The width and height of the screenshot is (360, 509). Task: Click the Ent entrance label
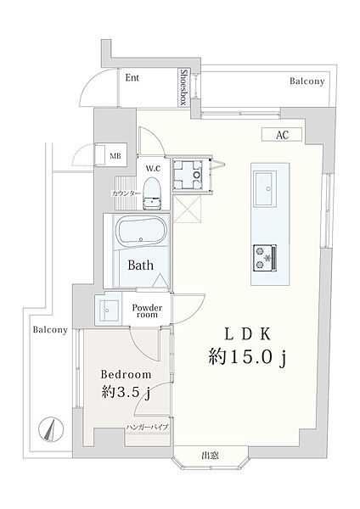(x=132, y=78)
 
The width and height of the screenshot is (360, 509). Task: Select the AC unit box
(x=282, y=134)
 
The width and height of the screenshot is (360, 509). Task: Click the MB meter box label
(x=115, y=156)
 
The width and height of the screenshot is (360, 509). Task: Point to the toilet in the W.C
(x=152, y=193)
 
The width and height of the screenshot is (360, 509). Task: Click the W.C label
(x=153, y=169)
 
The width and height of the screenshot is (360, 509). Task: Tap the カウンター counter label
(x=127, y=193)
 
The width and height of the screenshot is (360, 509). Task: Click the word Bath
(x=140, y=266)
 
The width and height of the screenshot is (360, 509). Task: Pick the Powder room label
(x=147, y=310)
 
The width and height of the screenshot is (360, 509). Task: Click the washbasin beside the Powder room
(x=108, y=310)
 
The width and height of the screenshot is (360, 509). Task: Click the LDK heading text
(x=248, y=335)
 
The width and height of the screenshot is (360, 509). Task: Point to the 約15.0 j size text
(x=248, y=358)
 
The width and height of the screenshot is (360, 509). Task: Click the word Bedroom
(x=126, y=375)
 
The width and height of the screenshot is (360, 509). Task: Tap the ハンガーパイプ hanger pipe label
(x=147, y=427)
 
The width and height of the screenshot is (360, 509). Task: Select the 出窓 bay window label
(x=210, y=455)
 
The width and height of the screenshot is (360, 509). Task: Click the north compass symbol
(x=50, y=429)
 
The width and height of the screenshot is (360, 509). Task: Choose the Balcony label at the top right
(x=307, y=81)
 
